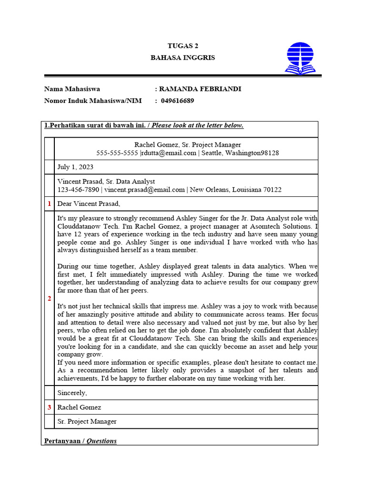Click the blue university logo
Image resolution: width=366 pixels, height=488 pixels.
coord(300,58)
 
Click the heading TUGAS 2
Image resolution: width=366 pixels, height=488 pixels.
coord(183,46)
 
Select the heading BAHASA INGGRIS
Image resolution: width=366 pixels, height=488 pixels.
coord(183,58)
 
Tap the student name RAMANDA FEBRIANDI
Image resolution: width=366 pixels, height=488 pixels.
coord(200,89)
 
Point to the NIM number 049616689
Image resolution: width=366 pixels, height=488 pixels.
coord(177,101)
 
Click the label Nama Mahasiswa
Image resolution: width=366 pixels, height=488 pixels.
coord(72,89)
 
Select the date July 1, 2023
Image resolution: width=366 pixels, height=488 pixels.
coord(75,167)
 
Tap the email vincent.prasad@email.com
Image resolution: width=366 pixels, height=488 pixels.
coord(144,190)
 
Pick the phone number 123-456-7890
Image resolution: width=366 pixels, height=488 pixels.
coord(78,190)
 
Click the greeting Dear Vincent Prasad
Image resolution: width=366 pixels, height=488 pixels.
coord(89,204)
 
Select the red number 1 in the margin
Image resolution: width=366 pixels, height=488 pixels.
coord(49,204)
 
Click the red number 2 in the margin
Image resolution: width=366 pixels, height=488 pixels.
coord(49,299)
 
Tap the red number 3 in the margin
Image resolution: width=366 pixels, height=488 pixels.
coord(49,407)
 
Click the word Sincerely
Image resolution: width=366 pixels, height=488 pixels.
coord(72,393)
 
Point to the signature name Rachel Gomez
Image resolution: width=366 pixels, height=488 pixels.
coord(79,407)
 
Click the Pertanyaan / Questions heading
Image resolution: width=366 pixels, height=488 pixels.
coord(81,441)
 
